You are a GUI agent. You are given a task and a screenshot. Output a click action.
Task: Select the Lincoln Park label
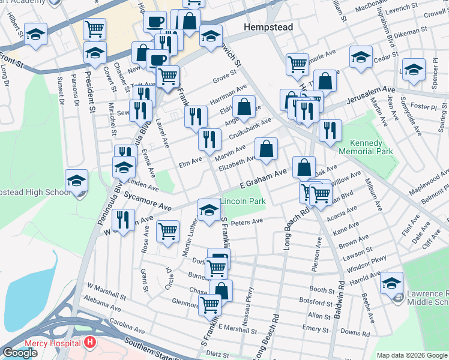click(x=243, y=201)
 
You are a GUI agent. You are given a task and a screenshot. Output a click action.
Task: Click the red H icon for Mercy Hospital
click(x=90, y=343)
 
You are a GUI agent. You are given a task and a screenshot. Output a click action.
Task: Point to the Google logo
click(x=20, y=353)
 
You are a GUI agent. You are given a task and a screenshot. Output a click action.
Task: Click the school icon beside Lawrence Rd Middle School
click(x=392, y=283)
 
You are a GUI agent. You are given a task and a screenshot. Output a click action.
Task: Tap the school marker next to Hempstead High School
click(x=77, y=181)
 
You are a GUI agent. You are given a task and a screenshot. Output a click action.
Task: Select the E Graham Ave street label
click(x=264, y=179)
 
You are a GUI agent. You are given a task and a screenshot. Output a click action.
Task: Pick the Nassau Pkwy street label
click(x=250, y=301)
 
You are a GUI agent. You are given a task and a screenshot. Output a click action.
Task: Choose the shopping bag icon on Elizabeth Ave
click(x=266, y=149)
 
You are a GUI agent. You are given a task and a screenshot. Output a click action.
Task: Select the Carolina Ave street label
click(x=128, y=330)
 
